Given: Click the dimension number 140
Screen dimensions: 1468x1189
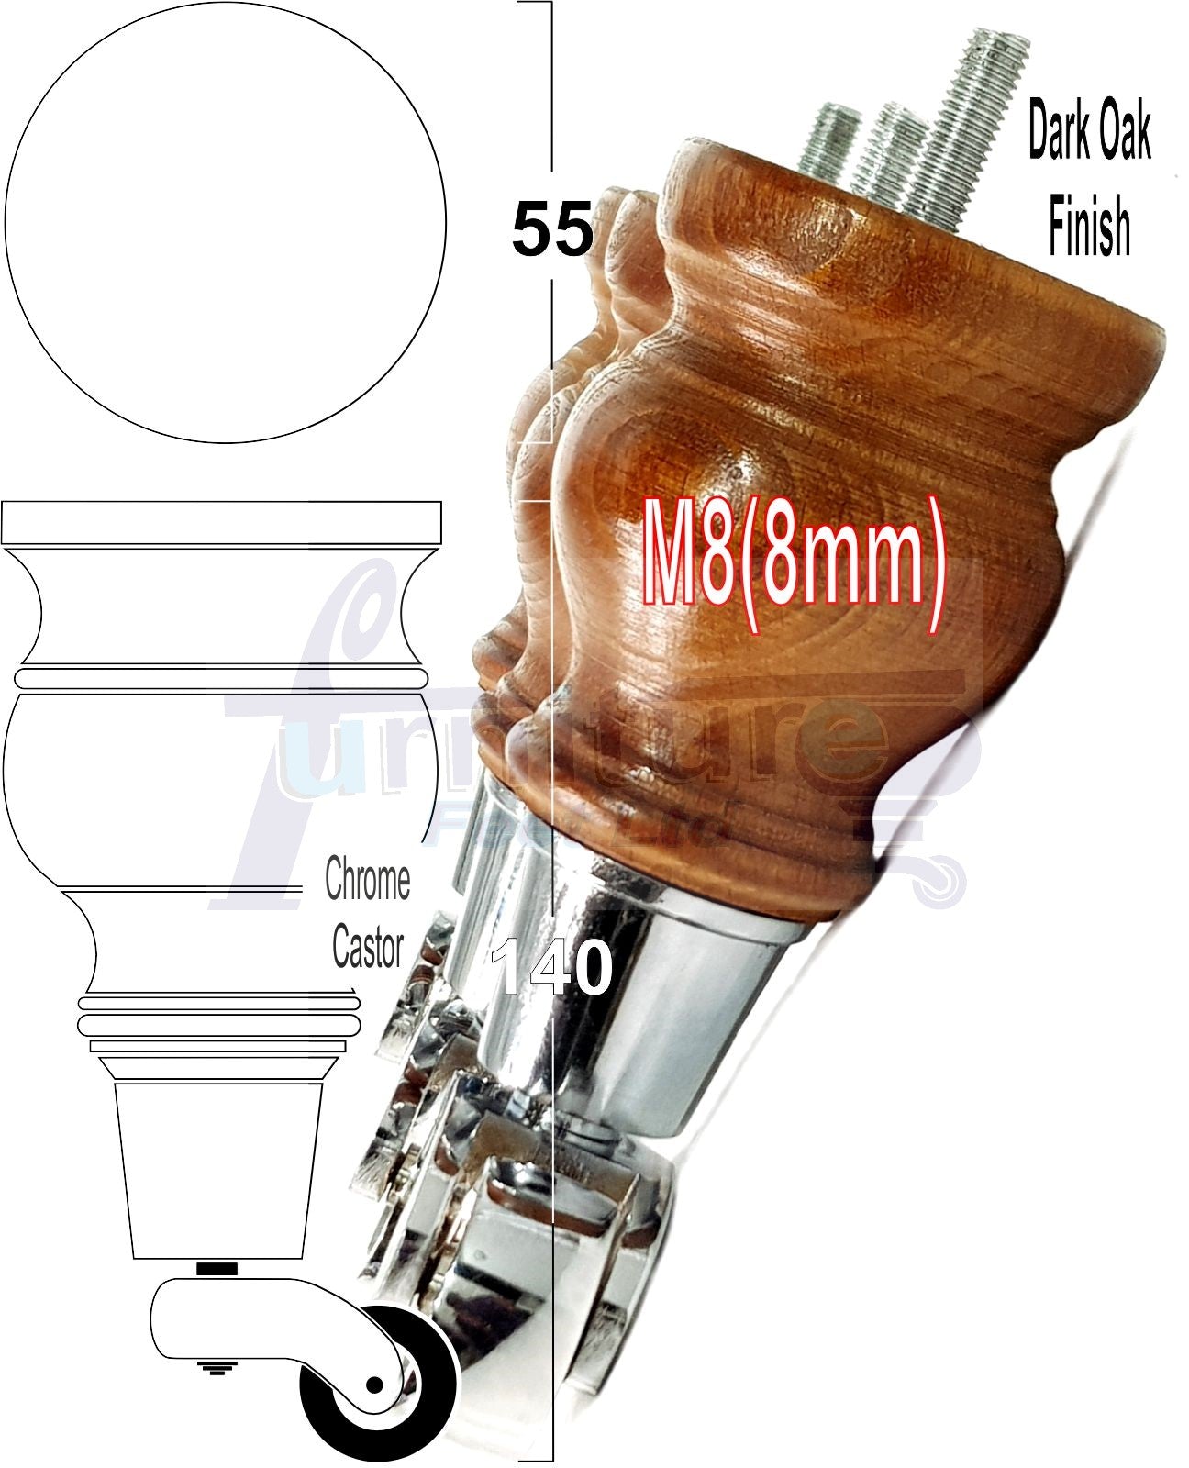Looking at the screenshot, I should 552,968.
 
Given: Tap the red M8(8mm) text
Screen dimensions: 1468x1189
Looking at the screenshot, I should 794,567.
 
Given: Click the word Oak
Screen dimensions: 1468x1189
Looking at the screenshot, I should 1121,133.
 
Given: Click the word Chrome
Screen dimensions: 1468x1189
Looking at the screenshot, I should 367,881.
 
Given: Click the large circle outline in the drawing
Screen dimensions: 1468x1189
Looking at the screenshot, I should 225,222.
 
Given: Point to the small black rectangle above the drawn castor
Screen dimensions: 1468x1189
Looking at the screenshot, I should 217,1269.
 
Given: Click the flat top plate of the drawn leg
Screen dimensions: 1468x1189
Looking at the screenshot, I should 221,523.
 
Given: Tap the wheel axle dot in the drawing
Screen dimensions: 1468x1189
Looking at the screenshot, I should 374,1384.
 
